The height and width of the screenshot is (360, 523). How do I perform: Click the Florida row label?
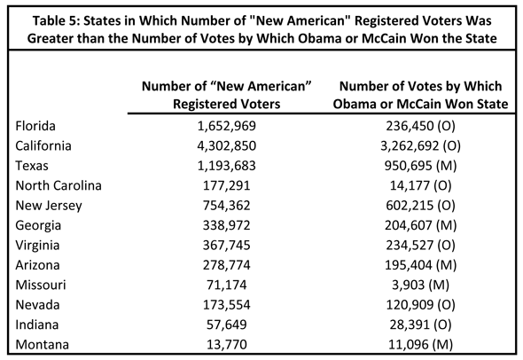point(35,126)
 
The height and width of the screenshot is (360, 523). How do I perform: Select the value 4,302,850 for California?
point(226,146)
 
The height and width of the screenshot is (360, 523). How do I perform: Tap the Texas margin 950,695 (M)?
point(420,166)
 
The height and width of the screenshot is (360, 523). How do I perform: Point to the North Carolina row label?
point(59,185)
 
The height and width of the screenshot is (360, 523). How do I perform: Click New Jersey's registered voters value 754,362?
point(226,206)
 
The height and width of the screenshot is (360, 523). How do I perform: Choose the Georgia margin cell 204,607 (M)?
point(420,225)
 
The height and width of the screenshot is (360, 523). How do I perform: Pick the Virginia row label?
point(37,246)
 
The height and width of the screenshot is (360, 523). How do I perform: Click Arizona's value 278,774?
point(226,265)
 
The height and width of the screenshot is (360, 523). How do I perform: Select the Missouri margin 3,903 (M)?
point(420,285)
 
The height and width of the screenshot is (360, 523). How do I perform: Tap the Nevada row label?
point(37,305)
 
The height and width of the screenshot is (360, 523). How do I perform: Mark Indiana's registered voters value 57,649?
point(226,325)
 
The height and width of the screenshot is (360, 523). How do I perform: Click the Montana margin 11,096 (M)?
point(420,345)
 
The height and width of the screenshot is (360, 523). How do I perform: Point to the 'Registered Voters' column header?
point(226,104)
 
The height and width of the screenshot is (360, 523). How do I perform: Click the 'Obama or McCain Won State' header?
point(420,104)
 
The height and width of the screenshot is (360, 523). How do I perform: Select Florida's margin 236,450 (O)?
point(420,126)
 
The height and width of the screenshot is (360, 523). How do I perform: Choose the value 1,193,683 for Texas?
point(226,166)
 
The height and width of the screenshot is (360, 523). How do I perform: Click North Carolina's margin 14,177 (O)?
point(420,186)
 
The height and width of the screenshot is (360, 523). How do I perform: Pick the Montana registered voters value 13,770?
point(226,345)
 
